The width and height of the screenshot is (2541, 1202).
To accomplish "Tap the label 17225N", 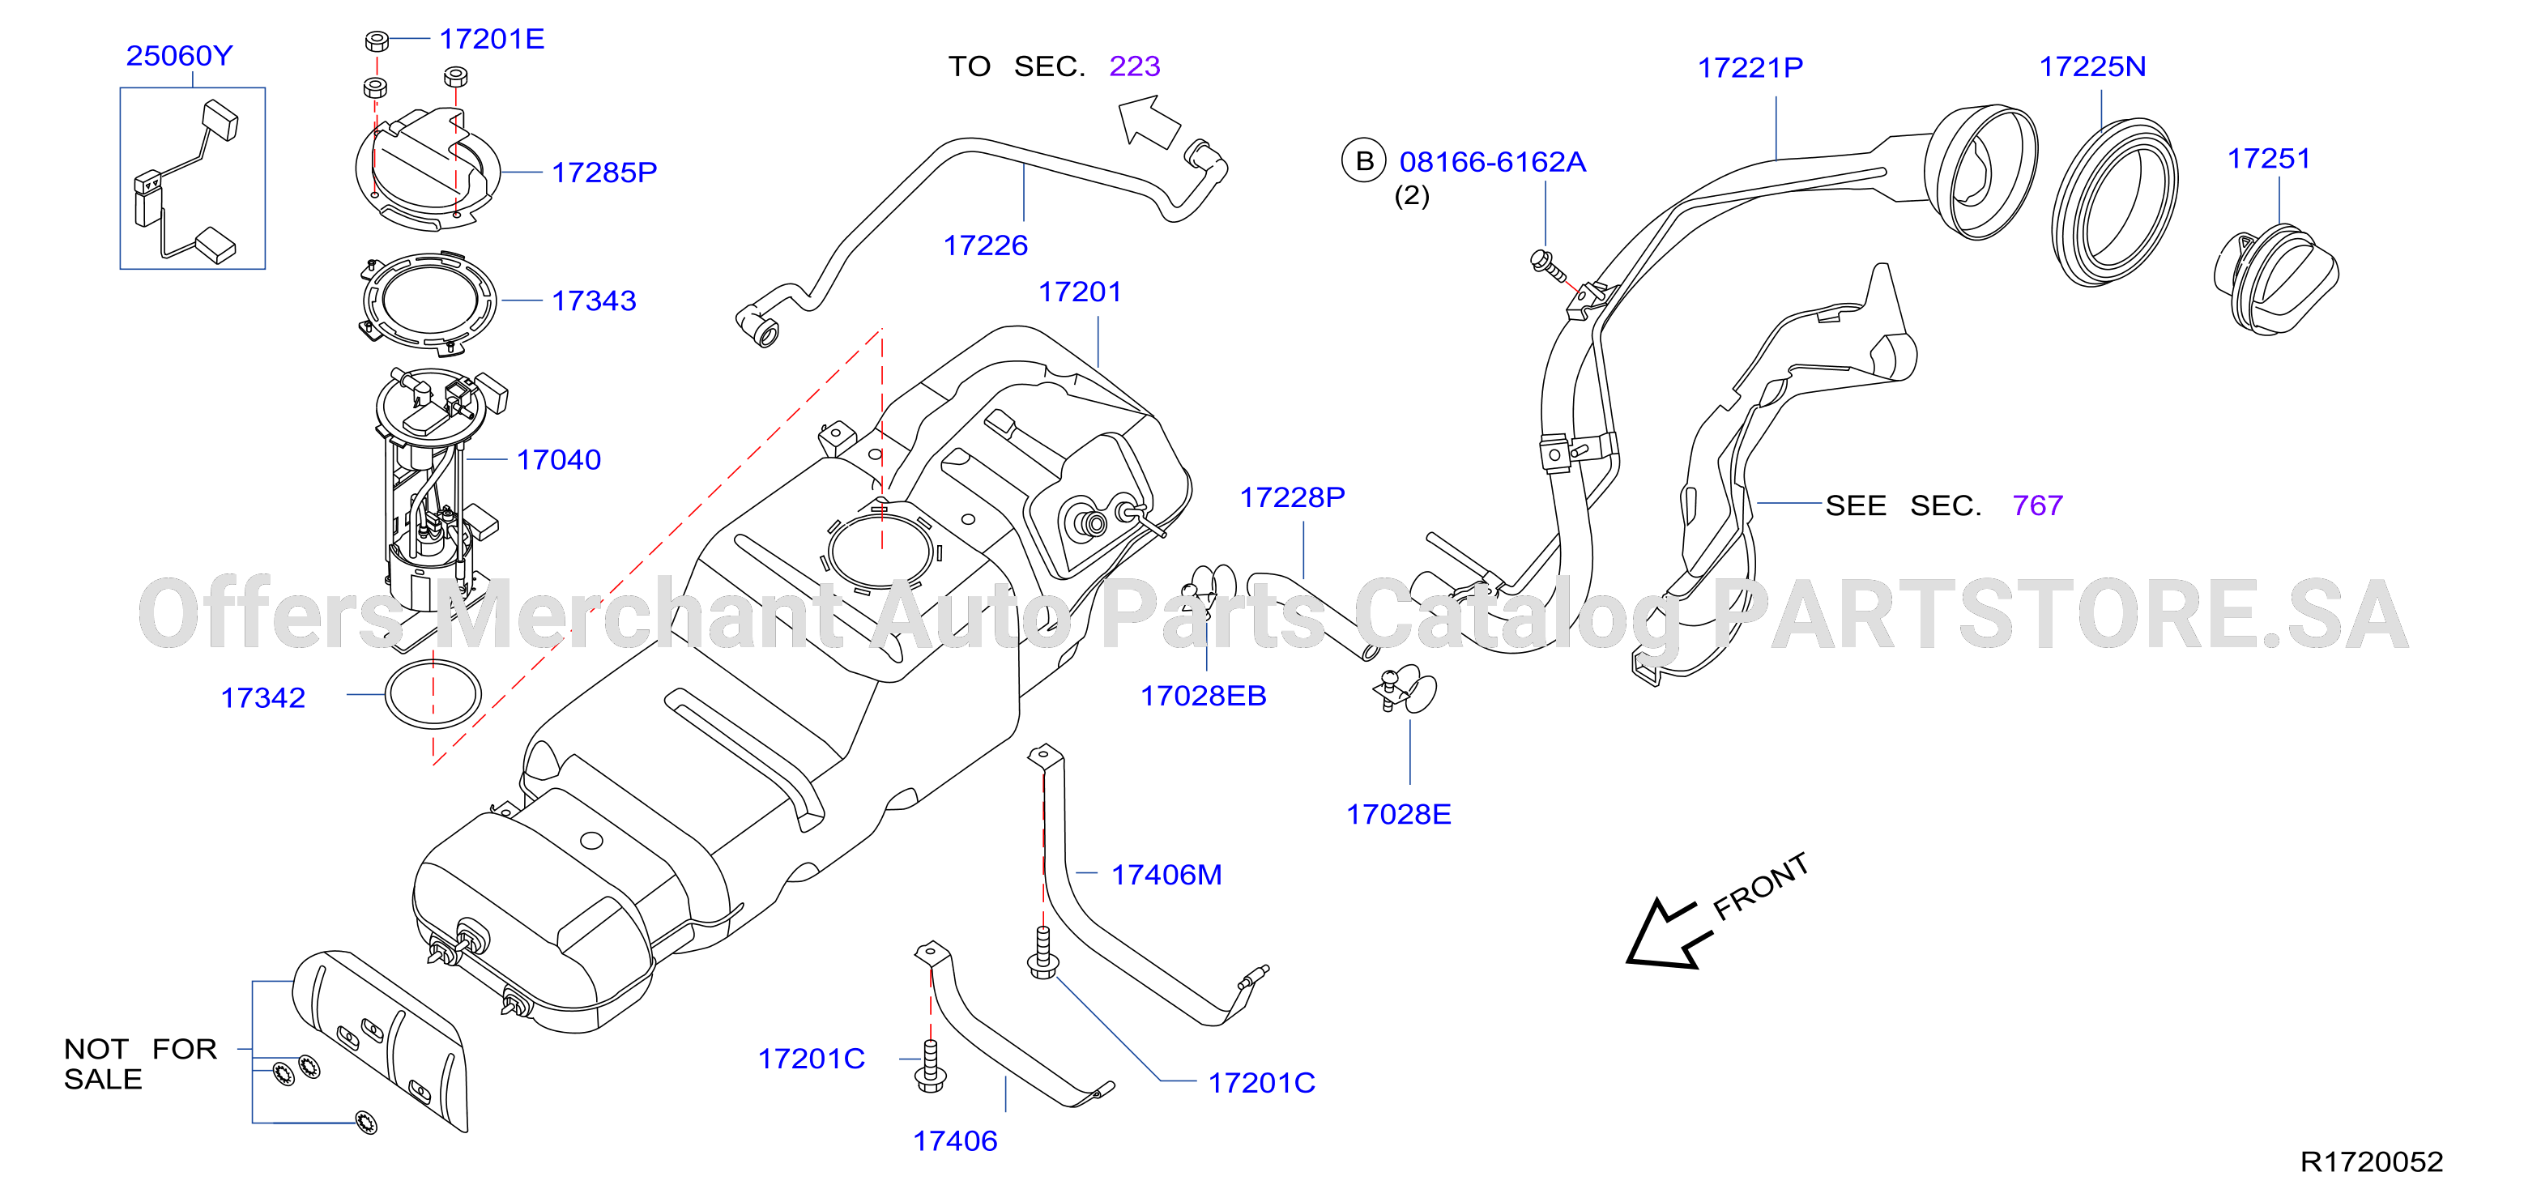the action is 2092,66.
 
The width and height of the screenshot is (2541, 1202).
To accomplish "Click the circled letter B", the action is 1364,160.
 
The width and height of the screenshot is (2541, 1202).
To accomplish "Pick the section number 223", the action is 1134,66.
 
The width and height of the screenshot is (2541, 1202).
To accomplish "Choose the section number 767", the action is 2037,506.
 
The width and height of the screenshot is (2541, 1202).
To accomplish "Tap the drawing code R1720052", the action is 2372,1162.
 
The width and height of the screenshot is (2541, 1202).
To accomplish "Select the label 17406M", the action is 1166,875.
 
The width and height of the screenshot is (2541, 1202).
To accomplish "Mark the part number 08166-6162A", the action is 1493,162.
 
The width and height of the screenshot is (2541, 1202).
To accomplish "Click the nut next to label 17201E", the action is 376,41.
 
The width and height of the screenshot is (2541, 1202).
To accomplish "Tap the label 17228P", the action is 1292,497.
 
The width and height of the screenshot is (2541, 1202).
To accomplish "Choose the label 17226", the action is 986,245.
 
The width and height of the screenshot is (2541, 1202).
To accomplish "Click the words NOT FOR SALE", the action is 140,1064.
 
